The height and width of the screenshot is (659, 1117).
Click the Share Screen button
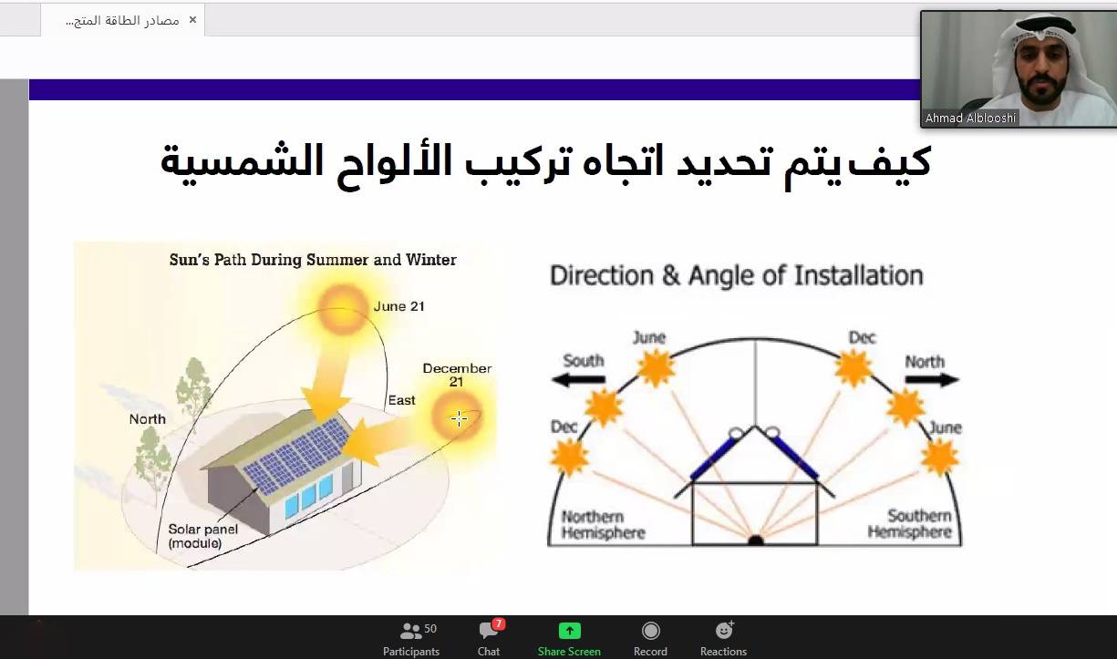pos(569,638)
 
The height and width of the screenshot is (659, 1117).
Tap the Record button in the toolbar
pos(650,638)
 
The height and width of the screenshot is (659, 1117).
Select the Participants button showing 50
pos(411,638)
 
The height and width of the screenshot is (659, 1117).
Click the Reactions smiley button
pos(724,638)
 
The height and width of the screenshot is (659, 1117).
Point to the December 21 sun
pos(456,417)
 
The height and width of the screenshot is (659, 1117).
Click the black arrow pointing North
pos(932,379)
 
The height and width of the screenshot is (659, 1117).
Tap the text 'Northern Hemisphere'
pos(603,524)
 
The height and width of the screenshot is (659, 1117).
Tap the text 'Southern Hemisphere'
pos(908,524)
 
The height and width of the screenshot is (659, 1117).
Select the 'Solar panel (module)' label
pos(202,536)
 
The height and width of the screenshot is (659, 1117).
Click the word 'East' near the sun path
pos(401,400)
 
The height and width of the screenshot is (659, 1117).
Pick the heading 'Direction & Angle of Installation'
pos(736,275)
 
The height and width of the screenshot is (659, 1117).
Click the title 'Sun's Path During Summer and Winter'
pos(313,260)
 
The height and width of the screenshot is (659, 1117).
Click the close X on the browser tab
pos(192,19)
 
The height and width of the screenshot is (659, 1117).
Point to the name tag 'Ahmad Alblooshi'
pos(970,118)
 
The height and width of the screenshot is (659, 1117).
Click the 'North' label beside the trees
pos(148,419)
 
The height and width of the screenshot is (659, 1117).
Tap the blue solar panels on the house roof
pos(296,455)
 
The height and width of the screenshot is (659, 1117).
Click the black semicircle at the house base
pos(755,541)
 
